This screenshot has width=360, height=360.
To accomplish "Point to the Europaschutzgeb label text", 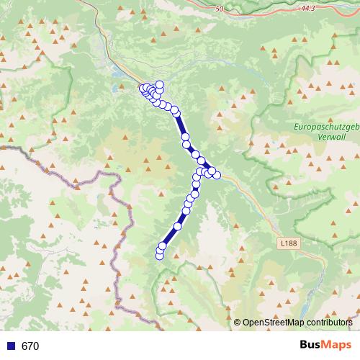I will click(327, 127).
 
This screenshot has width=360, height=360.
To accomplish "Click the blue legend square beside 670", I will click(11, 346).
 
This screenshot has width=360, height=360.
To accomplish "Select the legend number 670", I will click(30, 346).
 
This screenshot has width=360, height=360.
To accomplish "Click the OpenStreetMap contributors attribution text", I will click(297, 322).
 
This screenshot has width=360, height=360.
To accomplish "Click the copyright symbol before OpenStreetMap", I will click(237, 322).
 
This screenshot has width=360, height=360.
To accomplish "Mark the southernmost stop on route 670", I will click(159, 256).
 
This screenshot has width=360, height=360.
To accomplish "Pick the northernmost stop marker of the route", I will click(159, 85).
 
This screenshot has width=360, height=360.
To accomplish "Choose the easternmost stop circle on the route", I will click(217, 175).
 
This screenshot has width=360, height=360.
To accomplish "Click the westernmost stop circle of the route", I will click(143, 89).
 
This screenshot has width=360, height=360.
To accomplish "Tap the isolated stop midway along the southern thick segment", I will click(177, 226).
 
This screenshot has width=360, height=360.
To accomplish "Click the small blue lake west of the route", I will click(117, 88).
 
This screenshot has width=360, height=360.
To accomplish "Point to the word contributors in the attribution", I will click(326, 322).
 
